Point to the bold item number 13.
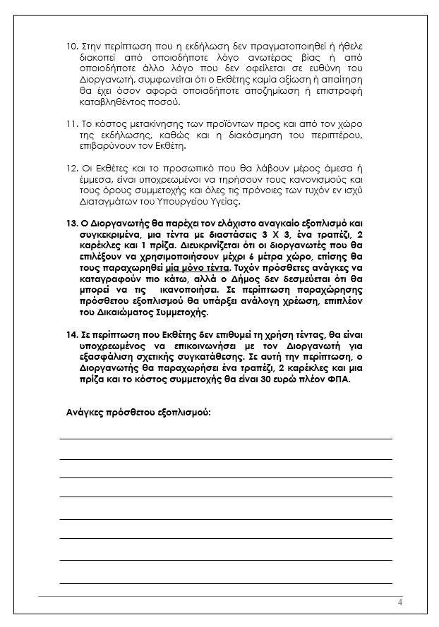(x=70, y=223)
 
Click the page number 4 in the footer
(x=400, y=602)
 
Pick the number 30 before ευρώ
(x=286, y=379)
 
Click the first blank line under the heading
(x=226, y=438)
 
